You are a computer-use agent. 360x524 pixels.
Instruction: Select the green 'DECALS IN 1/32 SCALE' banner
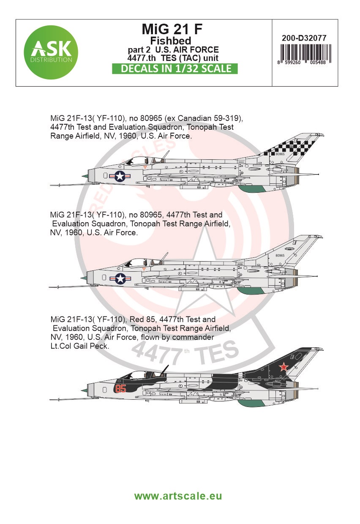(x=175, y=68)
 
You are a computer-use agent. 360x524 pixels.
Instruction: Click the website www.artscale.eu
(x=178, y=496)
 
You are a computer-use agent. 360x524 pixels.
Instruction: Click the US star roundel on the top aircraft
(x=120, y=177)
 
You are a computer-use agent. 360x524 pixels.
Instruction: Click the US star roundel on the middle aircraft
(x=120, y=278)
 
